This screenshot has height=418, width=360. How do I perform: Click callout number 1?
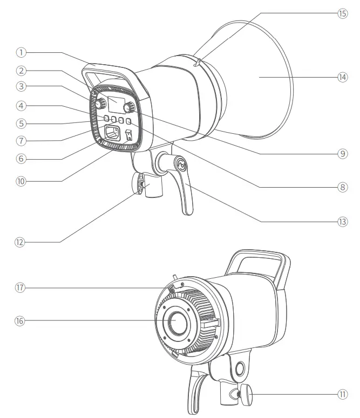21,52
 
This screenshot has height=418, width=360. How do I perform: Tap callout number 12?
21,243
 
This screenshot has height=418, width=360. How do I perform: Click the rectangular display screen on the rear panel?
116,103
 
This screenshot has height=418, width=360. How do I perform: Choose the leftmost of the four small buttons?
107,119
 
